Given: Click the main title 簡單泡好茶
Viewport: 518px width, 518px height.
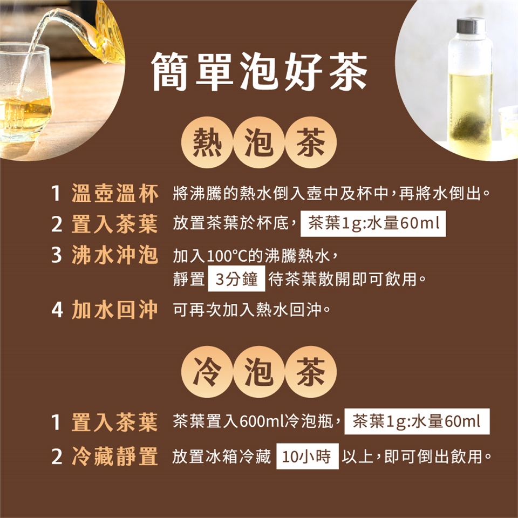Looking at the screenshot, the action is (260, 72).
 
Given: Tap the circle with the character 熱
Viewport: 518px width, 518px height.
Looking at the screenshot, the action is (207, 142).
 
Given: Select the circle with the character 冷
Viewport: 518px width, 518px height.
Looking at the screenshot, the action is (207, 372).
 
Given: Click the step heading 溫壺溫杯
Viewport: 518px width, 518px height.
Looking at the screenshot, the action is (115, 193).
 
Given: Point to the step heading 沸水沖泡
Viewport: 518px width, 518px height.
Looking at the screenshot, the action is (115, 255).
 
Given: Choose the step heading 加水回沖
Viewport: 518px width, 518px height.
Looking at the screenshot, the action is (115, 310).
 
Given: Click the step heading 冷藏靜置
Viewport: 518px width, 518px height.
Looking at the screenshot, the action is (115, 456).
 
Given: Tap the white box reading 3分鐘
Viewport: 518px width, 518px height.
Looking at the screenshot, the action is (236, 279).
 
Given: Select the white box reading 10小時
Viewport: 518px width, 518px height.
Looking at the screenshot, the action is (308, 456).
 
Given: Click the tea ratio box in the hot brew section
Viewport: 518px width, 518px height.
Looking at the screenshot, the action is (373, 223).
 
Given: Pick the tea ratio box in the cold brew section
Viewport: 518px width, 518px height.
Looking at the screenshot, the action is (417, 421).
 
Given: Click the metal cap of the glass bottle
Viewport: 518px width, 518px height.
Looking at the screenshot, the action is (471, 26).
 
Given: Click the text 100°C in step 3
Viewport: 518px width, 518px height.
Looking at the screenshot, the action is (228, 256).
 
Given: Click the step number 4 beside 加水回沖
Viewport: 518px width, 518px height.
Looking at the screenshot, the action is (57, 310).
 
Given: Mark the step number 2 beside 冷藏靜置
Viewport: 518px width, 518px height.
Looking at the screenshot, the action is (57, 457).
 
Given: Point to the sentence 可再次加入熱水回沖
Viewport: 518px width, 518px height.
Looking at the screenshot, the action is (251, 310).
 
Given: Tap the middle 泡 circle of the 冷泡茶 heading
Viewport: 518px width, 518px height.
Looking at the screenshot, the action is (259, 372).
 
